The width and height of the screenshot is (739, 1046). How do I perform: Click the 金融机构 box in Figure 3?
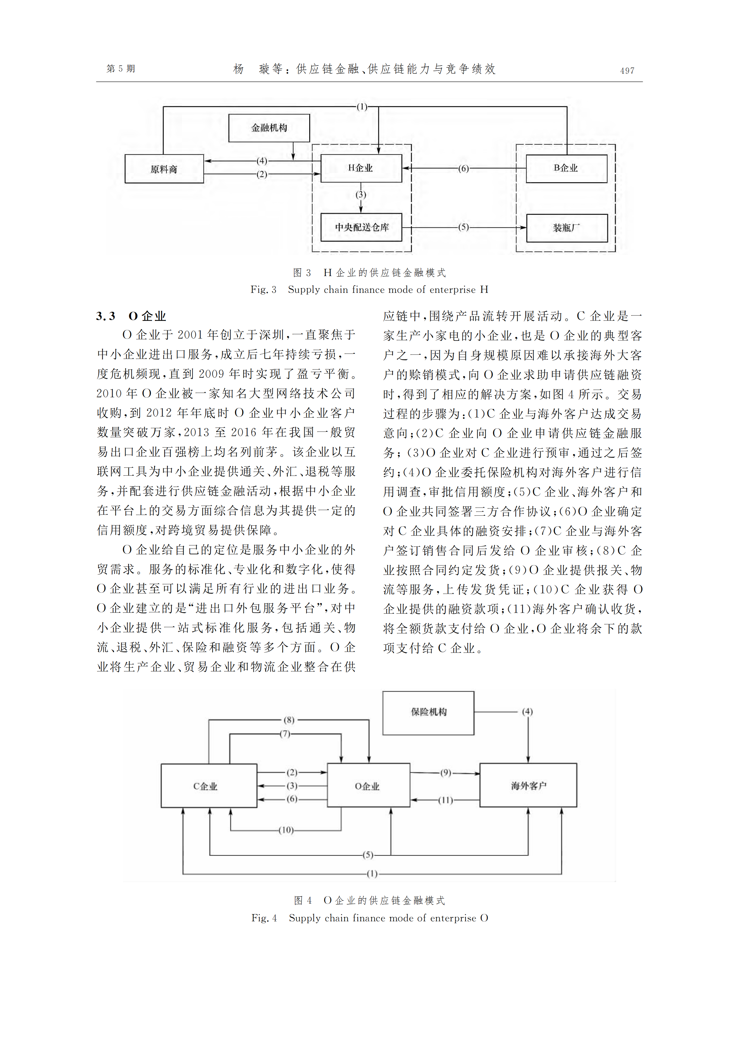[x=269, y=128]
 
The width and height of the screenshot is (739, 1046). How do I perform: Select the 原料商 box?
[x=164, y=169]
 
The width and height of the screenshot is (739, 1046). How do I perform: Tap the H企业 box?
[x=361, y=168]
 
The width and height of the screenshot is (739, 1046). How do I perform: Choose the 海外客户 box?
[x=528, y=785]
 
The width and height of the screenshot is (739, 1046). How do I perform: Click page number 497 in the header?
[x=627, y=71]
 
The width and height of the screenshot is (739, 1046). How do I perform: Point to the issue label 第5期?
[x=121, y=69]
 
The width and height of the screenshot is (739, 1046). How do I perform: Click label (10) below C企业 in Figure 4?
[x=286, y=830]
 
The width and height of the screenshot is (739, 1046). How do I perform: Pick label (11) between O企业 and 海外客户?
[x=445, y=801]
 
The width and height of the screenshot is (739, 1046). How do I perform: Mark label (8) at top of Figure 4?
[x=289, y=720]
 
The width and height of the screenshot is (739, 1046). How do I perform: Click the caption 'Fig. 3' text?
[x=263, y=290]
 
